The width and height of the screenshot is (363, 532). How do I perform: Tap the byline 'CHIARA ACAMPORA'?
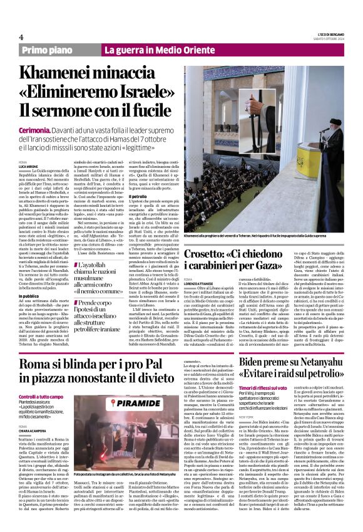tap(34, 429)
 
